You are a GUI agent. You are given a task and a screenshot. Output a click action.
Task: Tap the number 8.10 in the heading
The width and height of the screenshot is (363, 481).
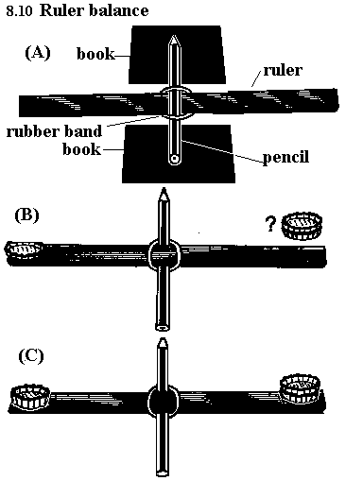[19, 10]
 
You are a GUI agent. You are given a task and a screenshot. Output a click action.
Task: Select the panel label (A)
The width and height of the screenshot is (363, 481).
[38, 53]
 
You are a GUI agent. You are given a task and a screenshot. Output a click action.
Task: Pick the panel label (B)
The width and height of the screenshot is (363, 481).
[27, 215]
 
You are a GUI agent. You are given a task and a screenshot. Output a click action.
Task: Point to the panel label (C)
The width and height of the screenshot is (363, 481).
[31, 356]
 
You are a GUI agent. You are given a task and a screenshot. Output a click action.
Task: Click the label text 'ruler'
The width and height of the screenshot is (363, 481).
[283, 70]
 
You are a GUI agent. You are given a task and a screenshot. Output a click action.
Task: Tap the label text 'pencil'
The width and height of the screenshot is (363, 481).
[285, 157]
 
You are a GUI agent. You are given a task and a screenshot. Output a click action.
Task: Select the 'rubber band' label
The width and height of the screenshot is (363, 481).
[54, 131]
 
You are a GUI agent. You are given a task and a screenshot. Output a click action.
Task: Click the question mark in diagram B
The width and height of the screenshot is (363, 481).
[270, 224]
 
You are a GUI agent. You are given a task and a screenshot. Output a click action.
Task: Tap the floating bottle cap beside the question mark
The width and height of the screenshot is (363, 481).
[302, 226]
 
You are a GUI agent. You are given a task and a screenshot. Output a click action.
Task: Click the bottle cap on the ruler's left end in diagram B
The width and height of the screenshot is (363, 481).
[25, 250]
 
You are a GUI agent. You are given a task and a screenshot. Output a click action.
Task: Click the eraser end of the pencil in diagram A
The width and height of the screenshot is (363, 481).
[174, 159]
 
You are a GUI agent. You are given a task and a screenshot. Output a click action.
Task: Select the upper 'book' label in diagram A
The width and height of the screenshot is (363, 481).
[95, 54]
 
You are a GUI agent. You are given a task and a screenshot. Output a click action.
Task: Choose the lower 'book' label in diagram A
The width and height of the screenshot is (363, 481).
[81, 149]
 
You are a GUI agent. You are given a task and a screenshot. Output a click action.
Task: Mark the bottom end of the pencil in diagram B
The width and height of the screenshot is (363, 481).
[163, 328]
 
